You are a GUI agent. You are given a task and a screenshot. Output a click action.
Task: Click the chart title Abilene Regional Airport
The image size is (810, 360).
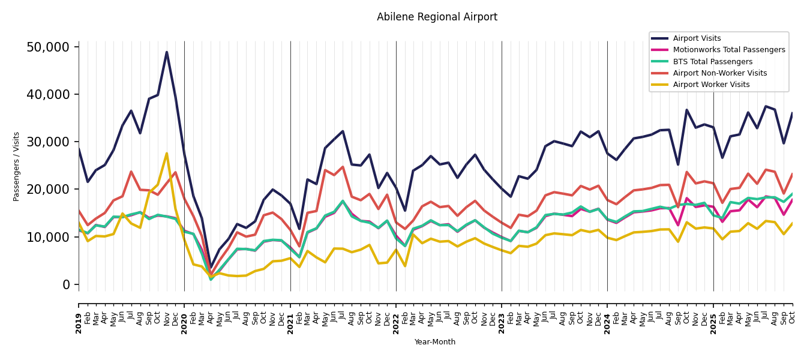(437, 17)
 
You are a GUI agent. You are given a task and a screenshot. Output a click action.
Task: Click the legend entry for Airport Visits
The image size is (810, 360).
(697, 38)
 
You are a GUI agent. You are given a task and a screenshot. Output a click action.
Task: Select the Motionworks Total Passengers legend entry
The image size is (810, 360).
(728, 50)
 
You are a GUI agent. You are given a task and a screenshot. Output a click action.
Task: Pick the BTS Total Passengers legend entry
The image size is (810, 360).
(712, 62)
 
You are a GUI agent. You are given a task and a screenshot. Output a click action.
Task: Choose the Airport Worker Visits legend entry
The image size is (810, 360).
(711, 85)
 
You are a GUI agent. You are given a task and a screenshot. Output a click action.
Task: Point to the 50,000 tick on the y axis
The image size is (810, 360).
(52, 47)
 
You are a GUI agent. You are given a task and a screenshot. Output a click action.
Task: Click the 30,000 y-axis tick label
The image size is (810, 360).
(52, 142)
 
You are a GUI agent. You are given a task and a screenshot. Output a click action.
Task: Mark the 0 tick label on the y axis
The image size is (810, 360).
(67, 284)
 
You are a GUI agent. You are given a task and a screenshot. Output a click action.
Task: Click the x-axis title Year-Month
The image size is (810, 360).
(435, 342)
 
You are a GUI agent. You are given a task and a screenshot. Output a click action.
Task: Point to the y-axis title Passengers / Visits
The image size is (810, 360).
(17, 166)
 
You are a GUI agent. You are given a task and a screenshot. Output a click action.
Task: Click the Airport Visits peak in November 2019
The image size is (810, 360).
(167, 52)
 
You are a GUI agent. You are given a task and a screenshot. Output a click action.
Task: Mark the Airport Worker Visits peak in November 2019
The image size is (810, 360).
(167, 154)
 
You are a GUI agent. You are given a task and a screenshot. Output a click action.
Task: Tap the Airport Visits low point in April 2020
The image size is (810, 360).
(211, 268)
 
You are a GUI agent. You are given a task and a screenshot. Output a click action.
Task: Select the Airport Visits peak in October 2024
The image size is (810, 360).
(687, 110)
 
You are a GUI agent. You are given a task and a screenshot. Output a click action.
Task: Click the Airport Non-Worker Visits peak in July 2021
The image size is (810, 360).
(343, 167)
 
